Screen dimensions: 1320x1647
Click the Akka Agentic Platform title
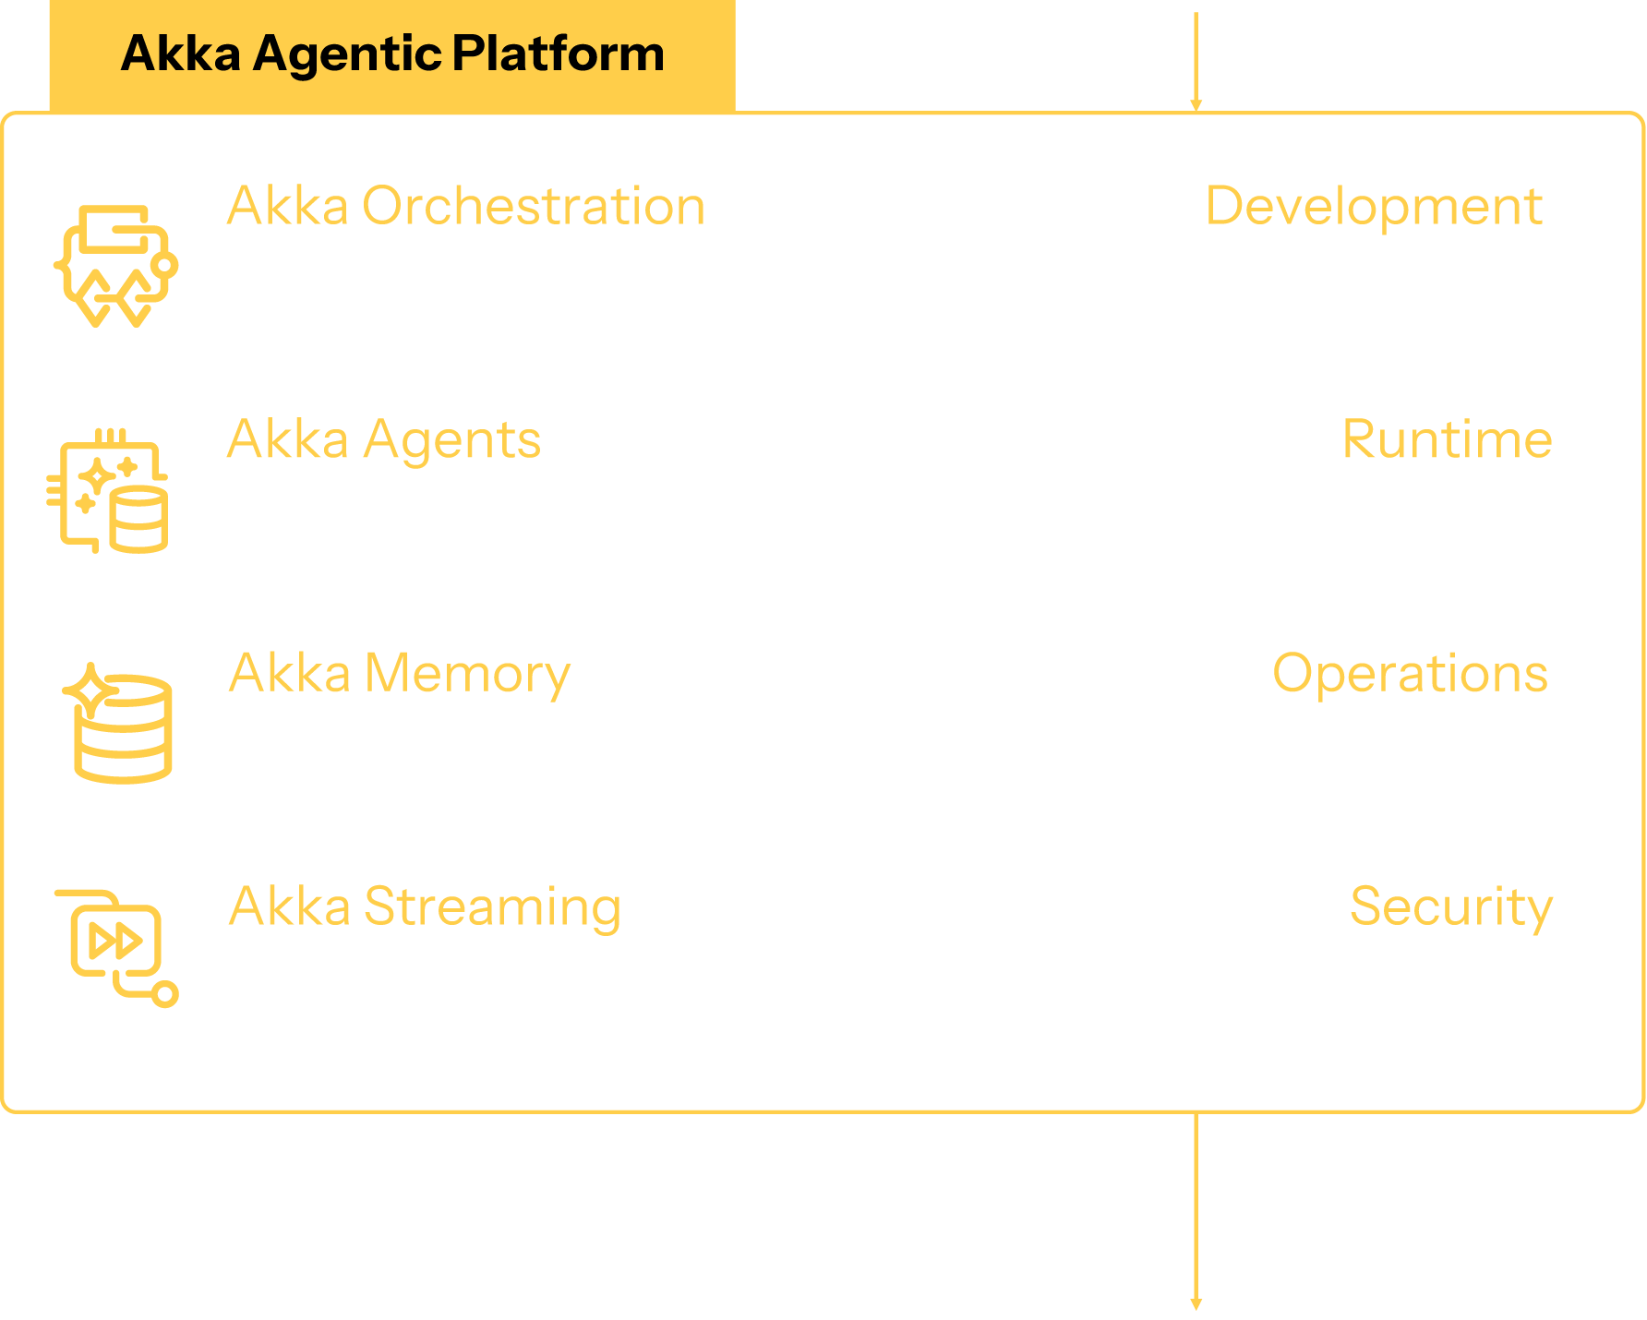tap(392, 54)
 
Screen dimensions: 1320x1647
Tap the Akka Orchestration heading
tap(465, 206)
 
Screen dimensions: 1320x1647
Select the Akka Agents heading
tap(383, 439)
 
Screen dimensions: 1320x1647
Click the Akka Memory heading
tap(399, 673)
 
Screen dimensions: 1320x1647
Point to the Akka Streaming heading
tap(424, 906)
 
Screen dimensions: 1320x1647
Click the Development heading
tap(1373, 206)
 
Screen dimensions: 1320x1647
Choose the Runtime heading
tap(1446, 439)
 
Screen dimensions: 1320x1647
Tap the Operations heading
tap(1409, 673)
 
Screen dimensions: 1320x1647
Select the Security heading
tap(1450, 906)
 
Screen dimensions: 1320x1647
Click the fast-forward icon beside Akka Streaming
tap(116, 943)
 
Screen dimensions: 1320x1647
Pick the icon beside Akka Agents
tap(109, 491)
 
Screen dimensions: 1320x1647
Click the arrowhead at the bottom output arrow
tap(1196, 1303)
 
